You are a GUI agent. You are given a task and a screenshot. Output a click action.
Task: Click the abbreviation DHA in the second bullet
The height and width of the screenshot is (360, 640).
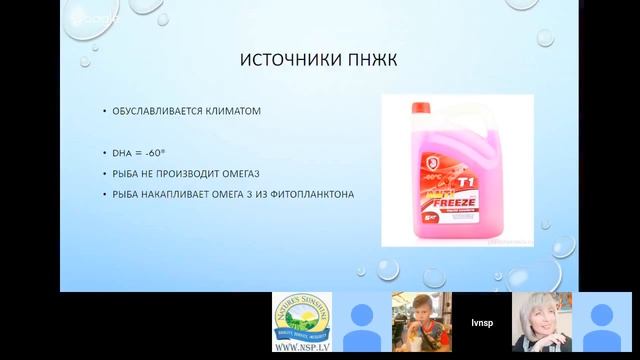(x=124, y=152)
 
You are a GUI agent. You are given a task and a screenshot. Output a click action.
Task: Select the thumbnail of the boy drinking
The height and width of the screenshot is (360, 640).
(x=420, y=322)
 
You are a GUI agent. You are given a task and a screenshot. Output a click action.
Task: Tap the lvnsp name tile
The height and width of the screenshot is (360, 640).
(x=480, y=322)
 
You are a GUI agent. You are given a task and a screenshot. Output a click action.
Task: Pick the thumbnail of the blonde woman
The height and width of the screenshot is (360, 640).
(x=541, y=322)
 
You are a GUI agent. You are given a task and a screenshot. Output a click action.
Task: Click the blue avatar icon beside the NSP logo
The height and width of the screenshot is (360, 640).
(x=360, y=322)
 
